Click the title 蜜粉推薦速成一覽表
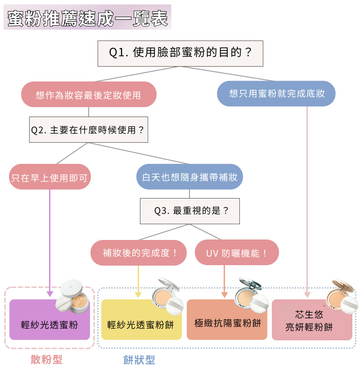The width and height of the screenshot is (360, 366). (x=87, y=18)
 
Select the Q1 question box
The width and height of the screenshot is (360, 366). (x=180, y=53)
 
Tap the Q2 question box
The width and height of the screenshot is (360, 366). (x=88, y=130)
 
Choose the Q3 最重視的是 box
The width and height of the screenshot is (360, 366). (x=189, y=211)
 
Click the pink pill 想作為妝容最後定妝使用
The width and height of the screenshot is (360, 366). (x=88, y=95)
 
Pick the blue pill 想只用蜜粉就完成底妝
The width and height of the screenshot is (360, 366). (x=276, y=94)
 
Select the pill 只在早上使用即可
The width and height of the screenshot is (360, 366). (x=50, y=177)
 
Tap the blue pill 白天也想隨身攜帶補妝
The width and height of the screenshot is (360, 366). (x=189, y=177)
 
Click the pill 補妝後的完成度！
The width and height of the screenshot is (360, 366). (x=139, y=253)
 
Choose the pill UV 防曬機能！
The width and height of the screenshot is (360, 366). (x=237, y=253)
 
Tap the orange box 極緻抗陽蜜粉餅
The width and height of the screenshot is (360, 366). (x=227, y=322)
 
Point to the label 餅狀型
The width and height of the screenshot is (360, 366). (x=139, y=360)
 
